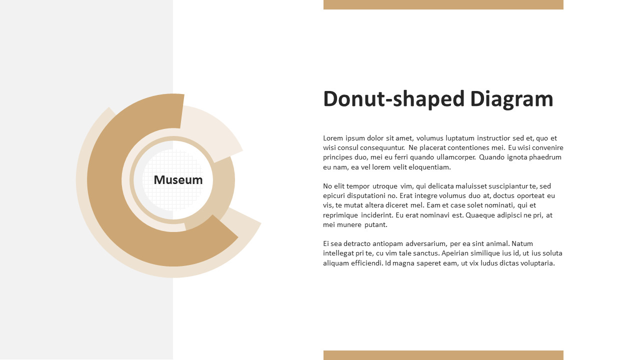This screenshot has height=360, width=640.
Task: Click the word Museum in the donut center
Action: pyautogui.click(x=178, y=180)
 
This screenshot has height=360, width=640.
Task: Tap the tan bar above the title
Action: pyautogui.click(x=443, y=4)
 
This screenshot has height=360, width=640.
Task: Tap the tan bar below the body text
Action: pyautogui.click(x=443, y=355)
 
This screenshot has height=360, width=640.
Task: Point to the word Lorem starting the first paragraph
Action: pyautogui.click(x=333, y=138)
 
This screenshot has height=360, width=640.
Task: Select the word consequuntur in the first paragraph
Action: pyautogui.click(x=378, y=147)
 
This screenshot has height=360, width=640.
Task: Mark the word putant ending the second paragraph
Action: pyautogui.click(x=375, y=224)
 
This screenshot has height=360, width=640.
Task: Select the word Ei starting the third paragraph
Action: pyautogui.click(x=326, y=243)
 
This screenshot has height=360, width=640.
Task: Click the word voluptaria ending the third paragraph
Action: pyautogui.click(x=536, y=263)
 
